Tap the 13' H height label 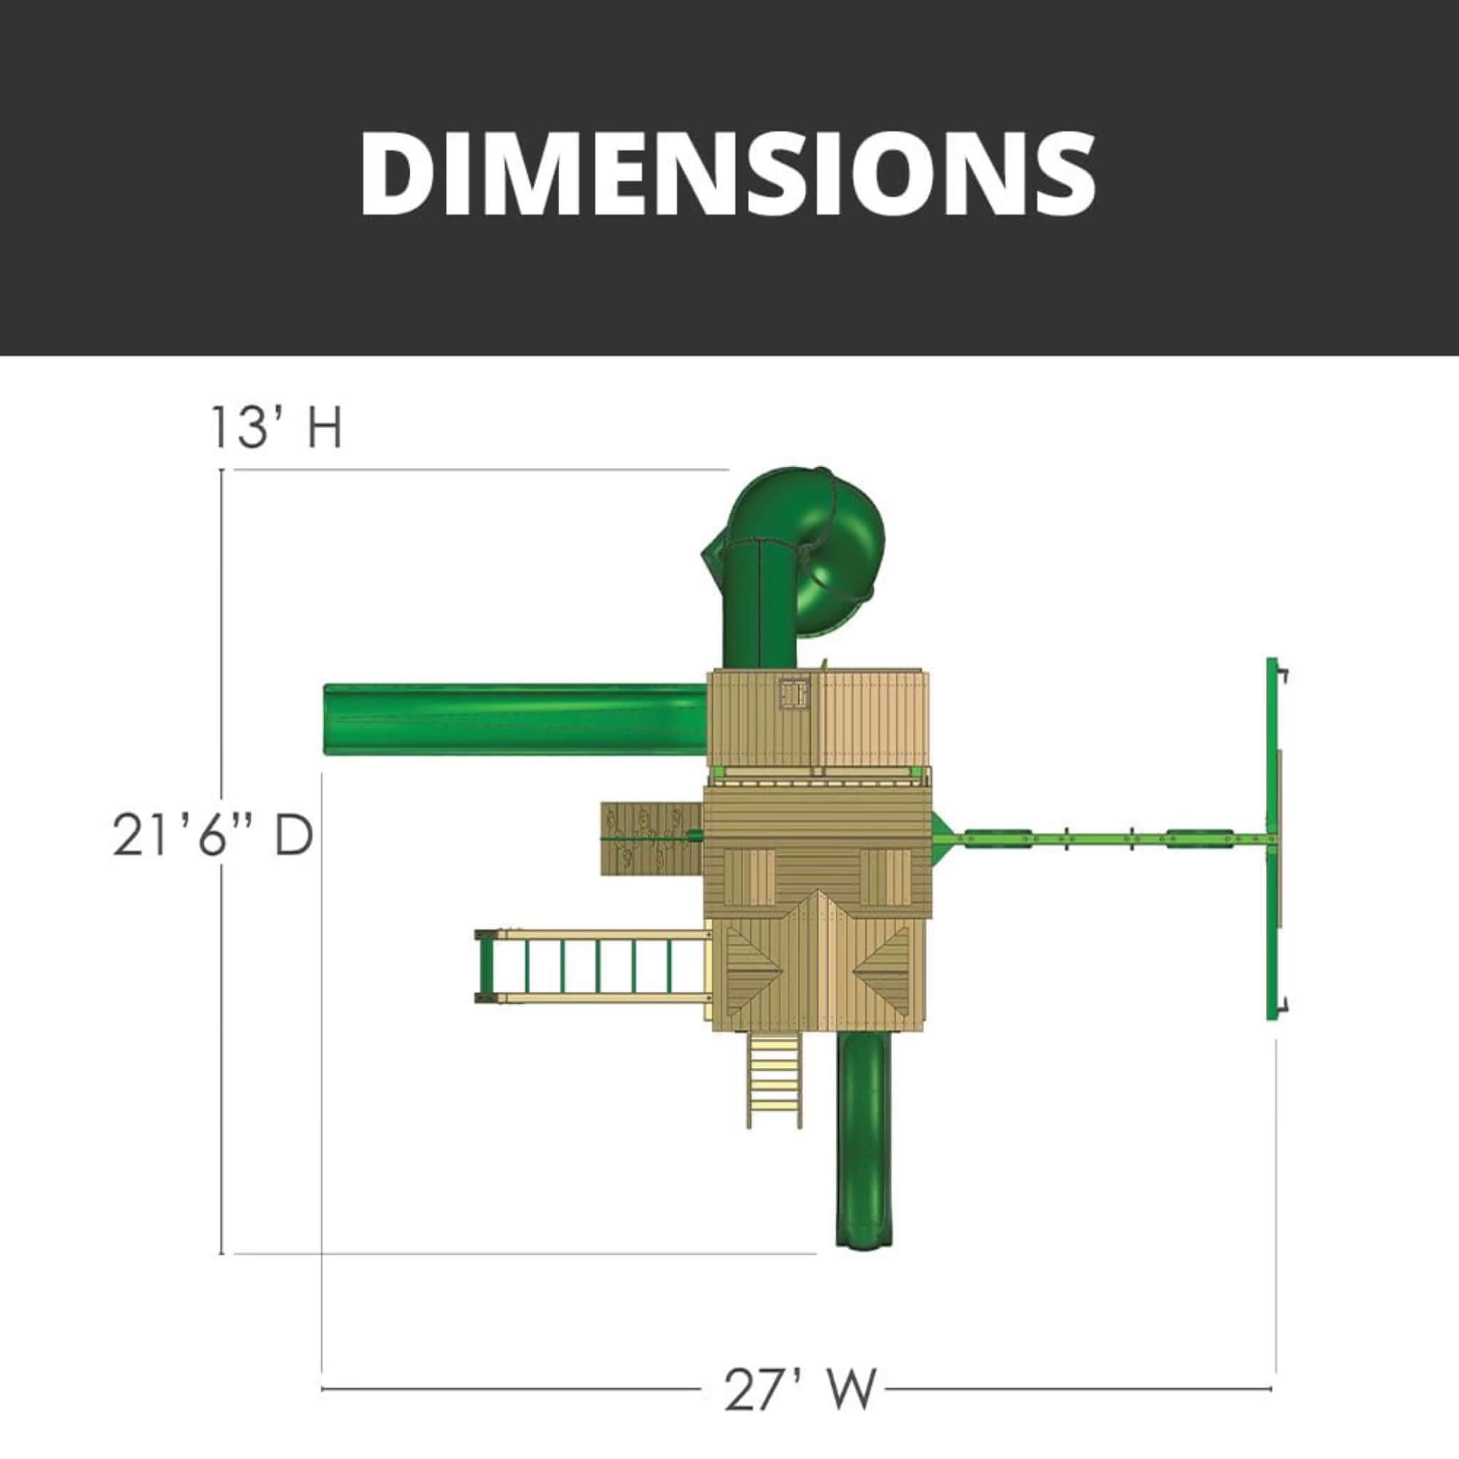pos(276,427)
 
